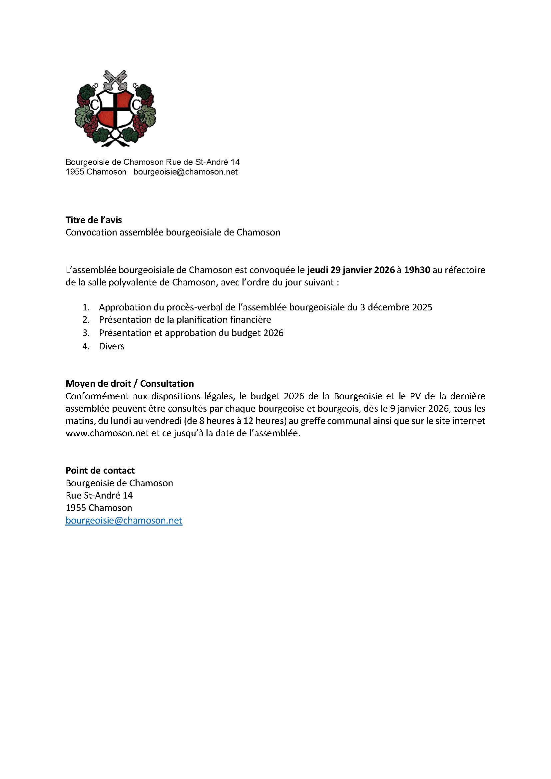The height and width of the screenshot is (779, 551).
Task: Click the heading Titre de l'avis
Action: click(x=94, y=220)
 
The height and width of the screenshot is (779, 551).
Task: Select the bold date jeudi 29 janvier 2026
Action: click(x=351, y=270)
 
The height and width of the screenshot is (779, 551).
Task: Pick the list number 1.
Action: click(x=86, y=307)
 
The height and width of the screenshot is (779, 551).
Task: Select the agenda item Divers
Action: click(x=112, y=346)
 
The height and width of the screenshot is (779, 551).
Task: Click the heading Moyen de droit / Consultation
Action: click(x=130, y=384)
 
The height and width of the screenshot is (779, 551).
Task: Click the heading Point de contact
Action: click(x=100, y=471)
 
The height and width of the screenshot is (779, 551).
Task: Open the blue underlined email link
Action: click(x=124, y=521)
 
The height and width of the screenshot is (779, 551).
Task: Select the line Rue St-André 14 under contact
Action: click(x=99, y=495)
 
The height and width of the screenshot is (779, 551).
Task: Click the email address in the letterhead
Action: click(x=186, y=172)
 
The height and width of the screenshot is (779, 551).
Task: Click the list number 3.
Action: click(x=86, y=333)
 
